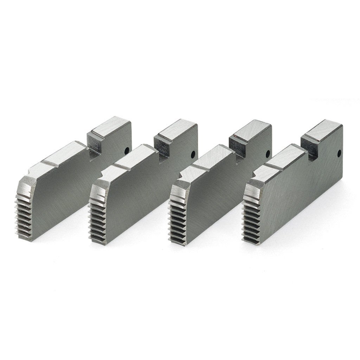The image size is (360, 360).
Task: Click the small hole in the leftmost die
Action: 126,150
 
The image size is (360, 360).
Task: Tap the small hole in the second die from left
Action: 193,154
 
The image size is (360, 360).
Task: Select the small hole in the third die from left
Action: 268,153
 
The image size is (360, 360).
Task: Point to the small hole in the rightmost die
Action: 339,153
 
